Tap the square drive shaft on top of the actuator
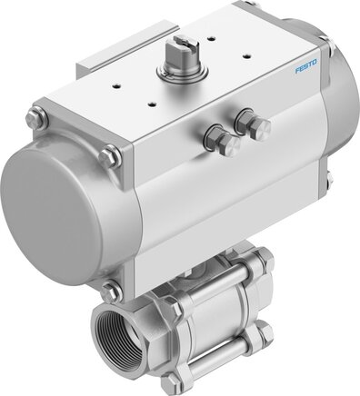(x=181, y=52)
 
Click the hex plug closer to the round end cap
(x=221, y=140)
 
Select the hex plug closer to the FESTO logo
(x=253, y=122)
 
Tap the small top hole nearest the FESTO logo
(x=247, y=55)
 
